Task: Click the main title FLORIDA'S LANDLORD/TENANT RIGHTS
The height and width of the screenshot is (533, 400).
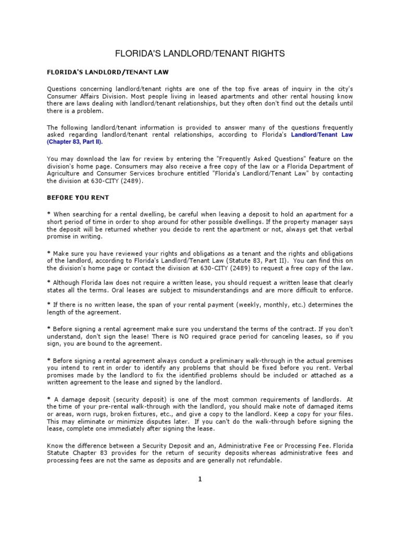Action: coord(200,54)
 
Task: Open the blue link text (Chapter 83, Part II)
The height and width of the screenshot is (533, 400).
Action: coord(74,141)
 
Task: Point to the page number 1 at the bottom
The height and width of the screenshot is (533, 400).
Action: coord(199,480)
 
